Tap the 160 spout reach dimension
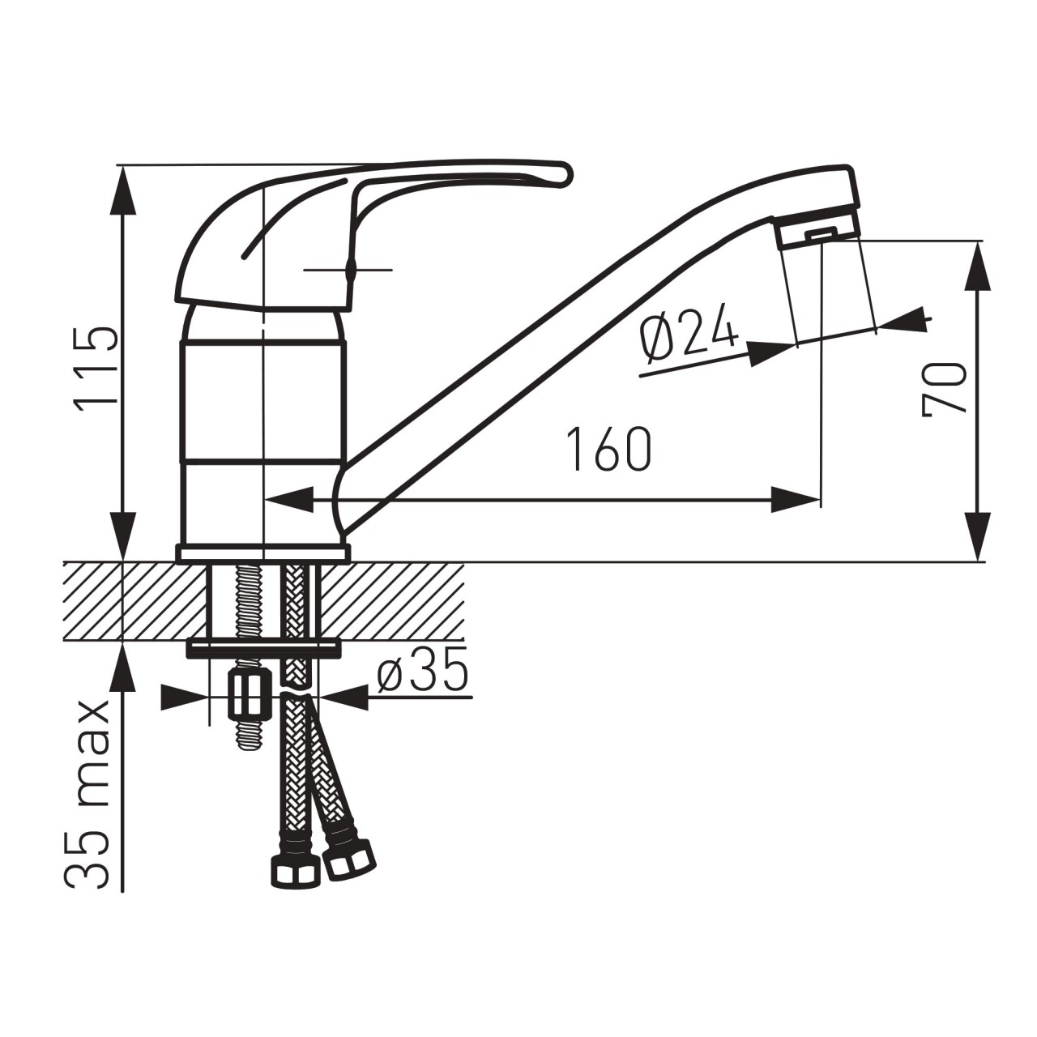click(610, 450)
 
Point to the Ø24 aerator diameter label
click(689, 333)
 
